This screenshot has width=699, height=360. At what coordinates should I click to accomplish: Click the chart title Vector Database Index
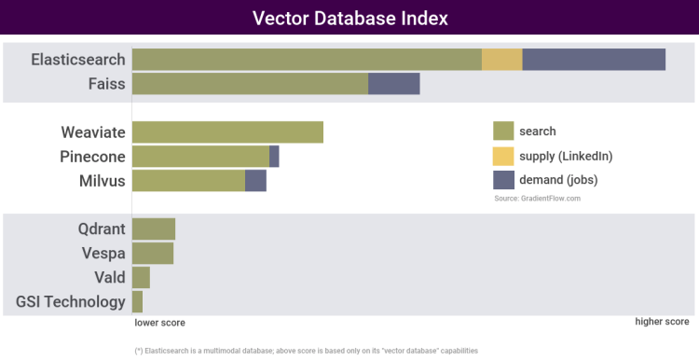coord(349,19)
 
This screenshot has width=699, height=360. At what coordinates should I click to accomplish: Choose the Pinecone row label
coord(92,156)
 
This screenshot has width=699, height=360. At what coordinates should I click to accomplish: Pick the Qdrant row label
coord(101,228)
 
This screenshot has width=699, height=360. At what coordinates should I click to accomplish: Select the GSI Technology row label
coord(71,301)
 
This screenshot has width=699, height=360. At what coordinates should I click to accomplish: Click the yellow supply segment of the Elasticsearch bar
coord(501,60)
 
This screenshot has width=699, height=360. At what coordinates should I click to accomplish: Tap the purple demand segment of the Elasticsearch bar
coord(594,60)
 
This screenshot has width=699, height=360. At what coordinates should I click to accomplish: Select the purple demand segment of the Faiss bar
coord(393,84)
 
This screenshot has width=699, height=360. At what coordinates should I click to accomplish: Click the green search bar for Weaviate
coord(227,132)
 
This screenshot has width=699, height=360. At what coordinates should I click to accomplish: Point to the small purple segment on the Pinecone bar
coord(274,156)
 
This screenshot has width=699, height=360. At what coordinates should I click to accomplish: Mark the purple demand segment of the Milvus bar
coord(255,180)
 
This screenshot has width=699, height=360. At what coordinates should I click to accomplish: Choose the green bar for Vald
coord(141,277)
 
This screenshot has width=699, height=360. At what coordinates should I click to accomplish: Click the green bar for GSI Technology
coord(137,301)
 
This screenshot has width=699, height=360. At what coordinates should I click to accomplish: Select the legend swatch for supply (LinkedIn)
coord(503,155)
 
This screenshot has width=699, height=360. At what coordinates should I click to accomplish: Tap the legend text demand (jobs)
coord(558,179)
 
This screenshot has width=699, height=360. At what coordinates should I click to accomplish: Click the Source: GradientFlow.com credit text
coord(537,199)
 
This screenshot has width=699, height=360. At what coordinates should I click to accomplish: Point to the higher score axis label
coord(662,322)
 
